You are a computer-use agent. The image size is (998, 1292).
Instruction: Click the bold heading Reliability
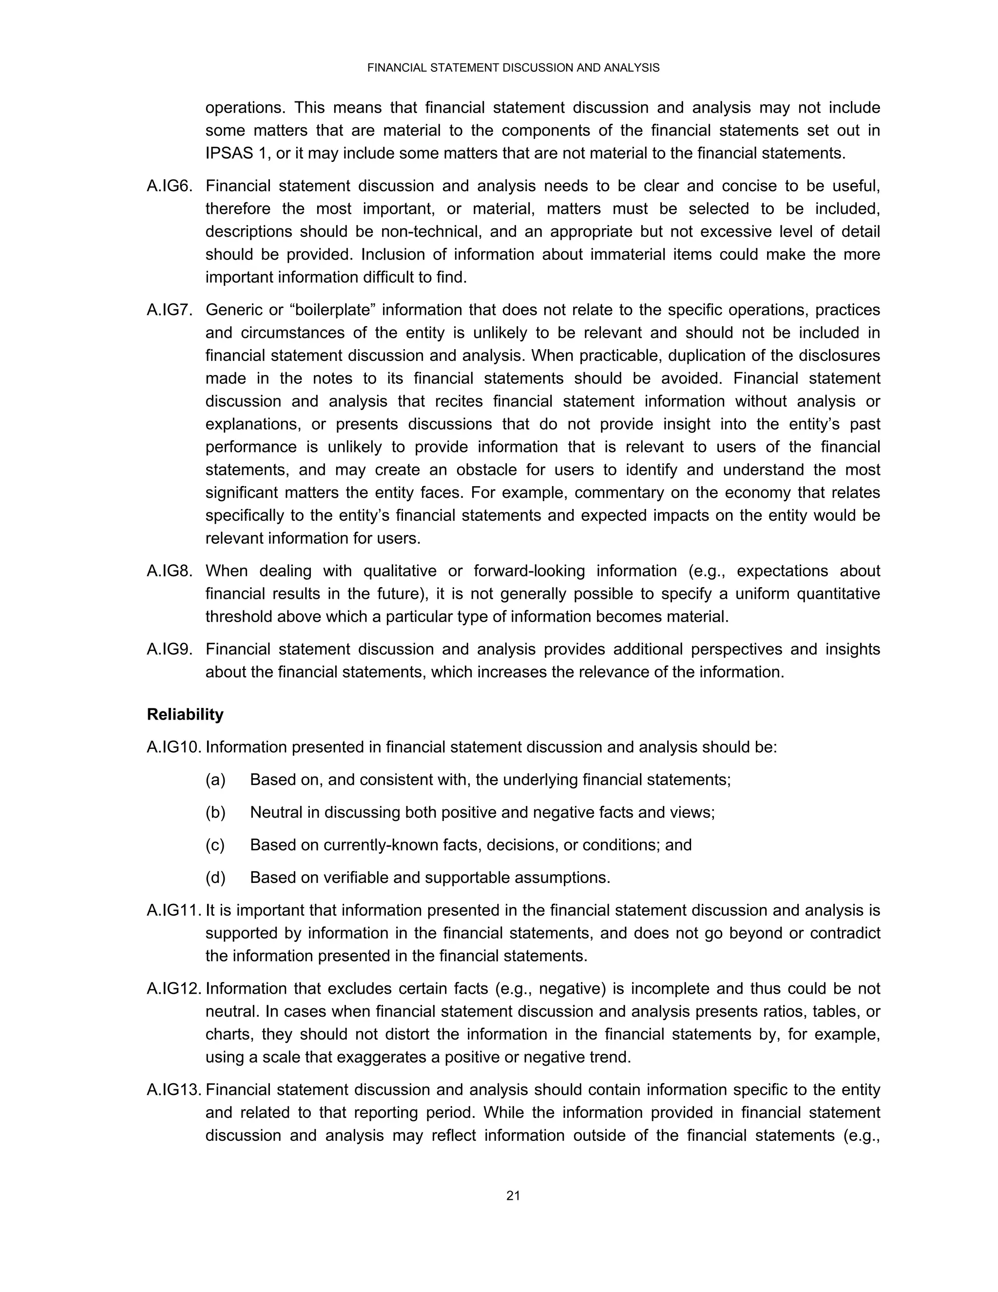click(x=185, y=715)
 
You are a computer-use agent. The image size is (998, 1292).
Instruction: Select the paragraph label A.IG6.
click(x=170, y=186)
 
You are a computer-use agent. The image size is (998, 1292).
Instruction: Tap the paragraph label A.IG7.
click(x=170, y=310)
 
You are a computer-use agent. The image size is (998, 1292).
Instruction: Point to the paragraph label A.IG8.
click(x=170, y=571)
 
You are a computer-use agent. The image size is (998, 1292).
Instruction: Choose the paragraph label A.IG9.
click(x=170, y=649)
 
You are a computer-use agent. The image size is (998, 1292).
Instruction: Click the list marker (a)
click(x=215, y=780)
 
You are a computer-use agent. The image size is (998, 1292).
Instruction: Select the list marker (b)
click(x=215, y=812)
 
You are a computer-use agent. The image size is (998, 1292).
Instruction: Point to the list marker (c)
click(x=215, y=845)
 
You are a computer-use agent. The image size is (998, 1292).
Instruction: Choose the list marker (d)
click(x=215, y=877)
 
